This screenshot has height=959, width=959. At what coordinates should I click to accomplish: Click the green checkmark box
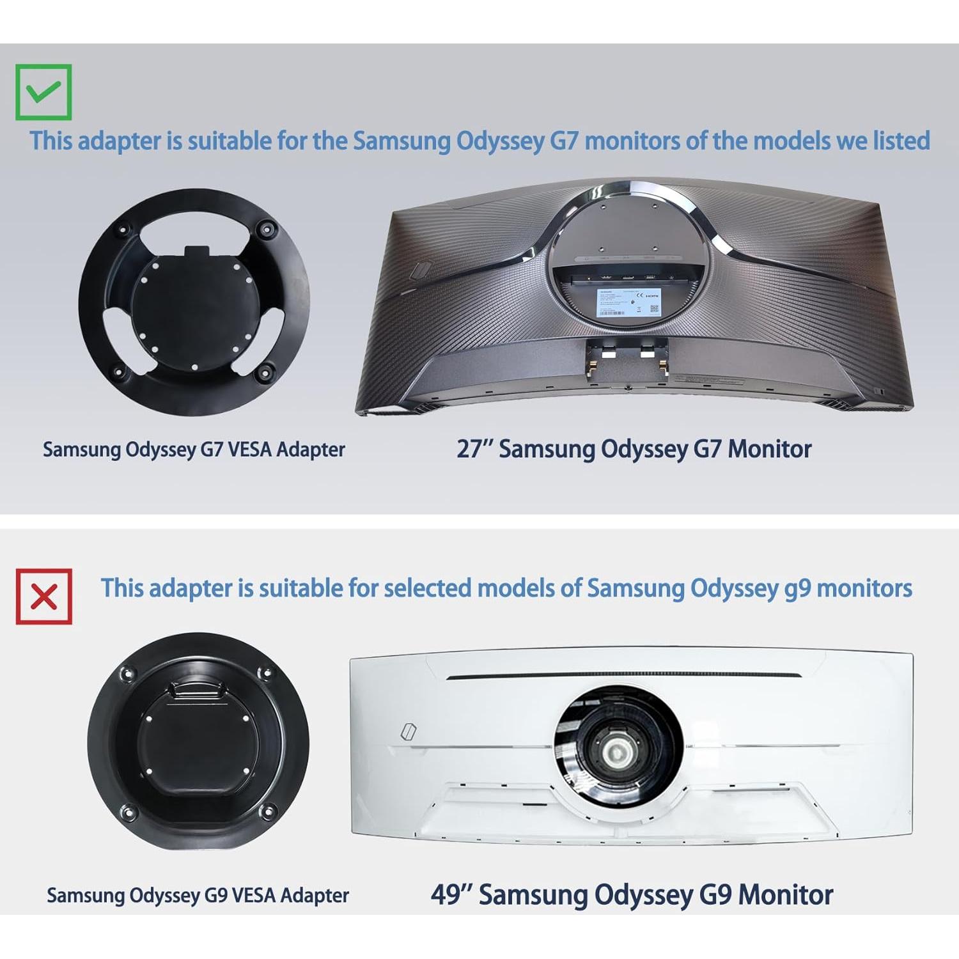point(43,92)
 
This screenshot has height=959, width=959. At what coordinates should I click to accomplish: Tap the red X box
point(43,596)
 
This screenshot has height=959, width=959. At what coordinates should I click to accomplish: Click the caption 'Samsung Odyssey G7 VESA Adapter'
point(194,449)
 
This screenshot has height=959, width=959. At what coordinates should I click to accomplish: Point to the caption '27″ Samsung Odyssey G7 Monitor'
point(634,449)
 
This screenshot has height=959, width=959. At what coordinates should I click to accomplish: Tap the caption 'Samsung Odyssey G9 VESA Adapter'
point(198,895)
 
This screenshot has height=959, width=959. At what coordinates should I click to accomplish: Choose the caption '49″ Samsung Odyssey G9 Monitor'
point(632,894)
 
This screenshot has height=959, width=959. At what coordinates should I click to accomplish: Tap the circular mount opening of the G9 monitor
point(618,747)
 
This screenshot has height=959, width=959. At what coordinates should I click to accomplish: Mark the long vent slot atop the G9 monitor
point(623,676)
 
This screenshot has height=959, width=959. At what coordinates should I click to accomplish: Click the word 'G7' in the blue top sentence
point(564,141)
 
